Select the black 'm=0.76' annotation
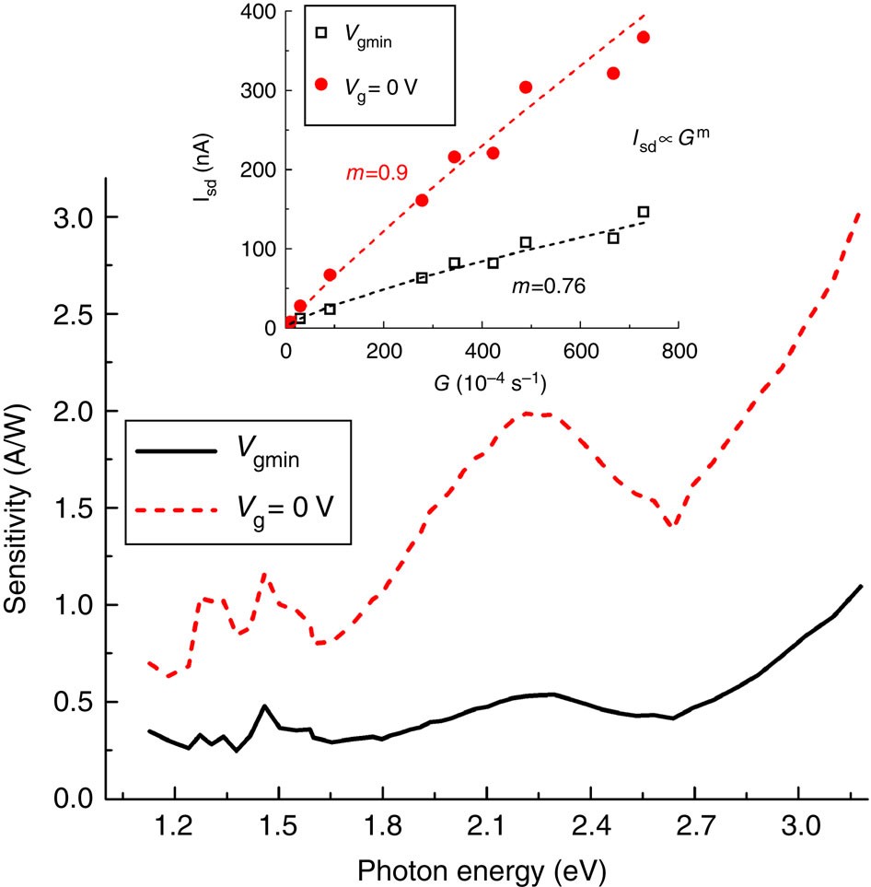549,286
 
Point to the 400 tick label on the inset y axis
257,12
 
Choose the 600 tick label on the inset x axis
580,351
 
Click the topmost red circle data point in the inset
643,38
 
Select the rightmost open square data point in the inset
643,212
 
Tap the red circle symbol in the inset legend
321,84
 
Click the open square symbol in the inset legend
321,32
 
